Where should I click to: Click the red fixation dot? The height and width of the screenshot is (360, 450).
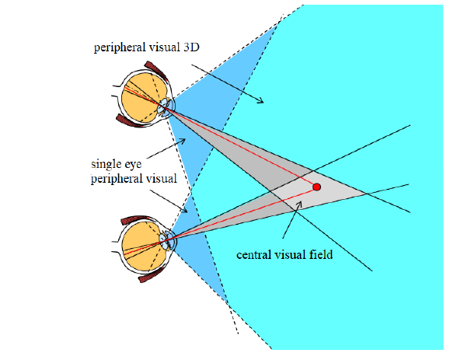coord(316,187)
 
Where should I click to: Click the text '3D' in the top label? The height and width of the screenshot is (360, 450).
coord(191,47)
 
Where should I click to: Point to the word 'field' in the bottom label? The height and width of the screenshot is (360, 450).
coord(321,254)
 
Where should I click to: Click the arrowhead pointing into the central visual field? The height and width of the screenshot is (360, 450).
coord(300,204)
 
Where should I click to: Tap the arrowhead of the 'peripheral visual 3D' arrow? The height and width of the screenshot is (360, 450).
coord(260,100)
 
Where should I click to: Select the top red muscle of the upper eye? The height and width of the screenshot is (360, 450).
coord(155,70)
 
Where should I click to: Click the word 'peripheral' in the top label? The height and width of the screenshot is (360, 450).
coord(123,47)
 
